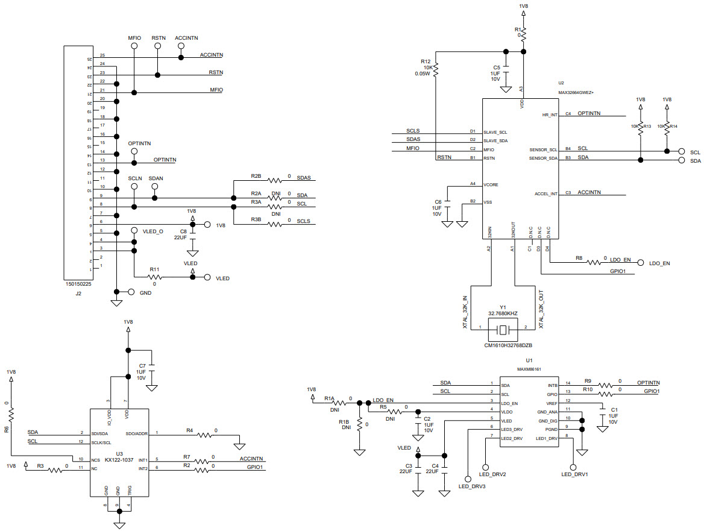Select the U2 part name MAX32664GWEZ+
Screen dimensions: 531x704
(576, 92)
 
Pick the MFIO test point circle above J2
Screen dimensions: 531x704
(134, 45)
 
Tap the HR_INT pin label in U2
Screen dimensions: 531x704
(550, 114)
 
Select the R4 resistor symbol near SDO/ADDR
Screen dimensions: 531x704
(206, 433)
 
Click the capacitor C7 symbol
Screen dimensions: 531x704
(153, 366)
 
